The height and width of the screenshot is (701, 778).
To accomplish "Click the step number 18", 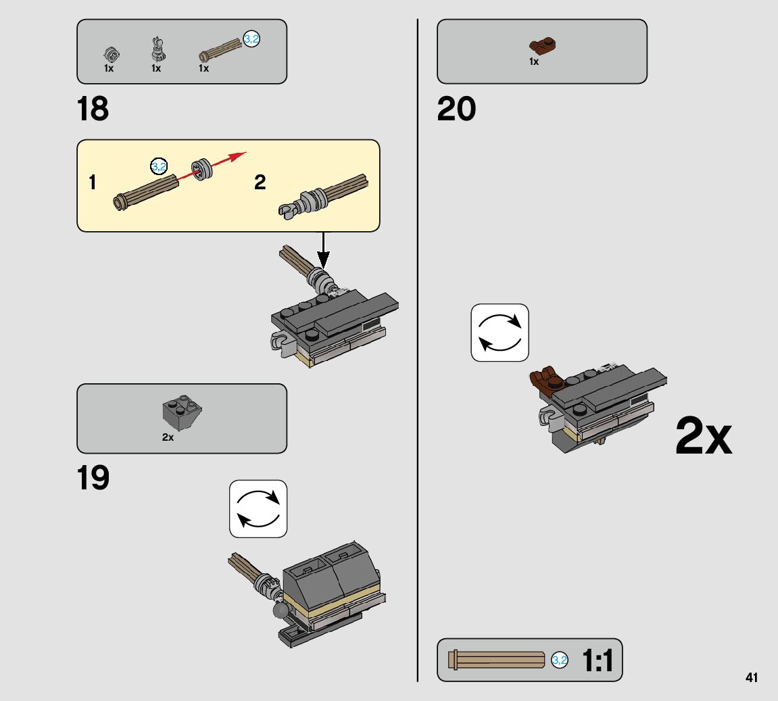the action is point(93,110).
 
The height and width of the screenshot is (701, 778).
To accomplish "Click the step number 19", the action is point(93,479).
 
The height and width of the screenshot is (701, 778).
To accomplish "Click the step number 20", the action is point(456,110).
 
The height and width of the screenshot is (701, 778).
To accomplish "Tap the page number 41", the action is point(752,677).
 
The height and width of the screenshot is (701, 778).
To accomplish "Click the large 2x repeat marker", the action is point(703,437).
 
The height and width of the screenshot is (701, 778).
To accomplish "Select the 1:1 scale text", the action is point(598,660).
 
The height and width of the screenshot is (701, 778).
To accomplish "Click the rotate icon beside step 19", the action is point(258,509).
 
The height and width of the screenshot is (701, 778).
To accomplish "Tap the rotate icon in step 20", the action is point(500,333).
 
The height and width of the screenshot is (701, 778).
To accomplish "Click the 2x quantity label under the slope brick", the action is point(168,437).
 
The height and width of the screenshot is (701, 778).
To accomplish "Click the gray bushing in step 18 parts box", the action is point(110,52).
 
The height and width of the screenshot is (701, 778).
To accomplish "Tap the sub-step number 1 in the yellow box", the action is point(93,183).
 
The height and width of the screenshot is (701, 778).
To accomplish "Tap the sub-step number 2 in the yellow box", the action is point(260,183).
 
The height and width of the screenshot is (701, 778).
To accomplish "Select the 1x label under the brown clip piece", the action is point(534,62).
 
